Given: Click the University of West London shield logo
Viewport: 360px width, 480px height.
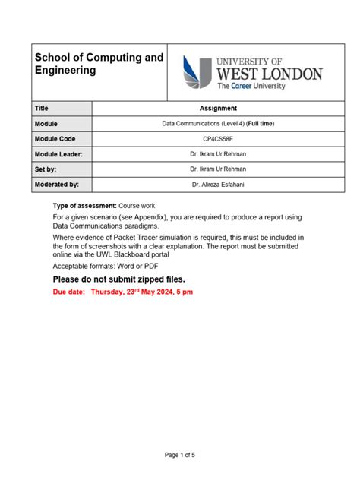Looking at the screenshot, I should click(197, 73).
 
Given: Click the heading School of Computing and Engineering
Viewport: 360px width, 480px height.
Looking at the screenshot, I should click(98, 64).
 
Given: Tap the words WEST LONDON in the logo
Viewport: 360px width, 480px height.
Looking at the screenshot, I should click(270, 74).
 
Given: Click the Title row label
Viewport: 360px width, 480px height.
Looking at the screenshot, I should click(42, 109).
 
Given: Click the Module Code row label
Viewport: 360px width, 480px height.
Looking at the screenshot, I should click(55, 139).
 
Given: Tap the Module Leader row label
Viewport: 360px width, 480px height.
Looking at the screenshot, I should click(58, 154).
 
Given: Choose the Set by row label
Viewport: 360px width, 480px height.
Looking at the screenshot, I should click(46, 169).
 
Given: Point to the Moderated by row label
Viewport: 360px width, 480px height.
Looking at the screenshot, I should click(57, 185).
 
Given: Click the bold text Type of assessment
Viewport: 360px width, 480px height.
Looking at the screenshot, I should click(84, 206).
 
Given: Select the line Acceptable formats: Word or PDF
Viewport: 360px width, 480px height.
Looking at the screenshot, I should click(106, 267).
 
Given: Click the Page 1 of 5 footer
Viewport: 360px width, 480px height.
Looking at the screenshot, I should click(180, 455).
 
